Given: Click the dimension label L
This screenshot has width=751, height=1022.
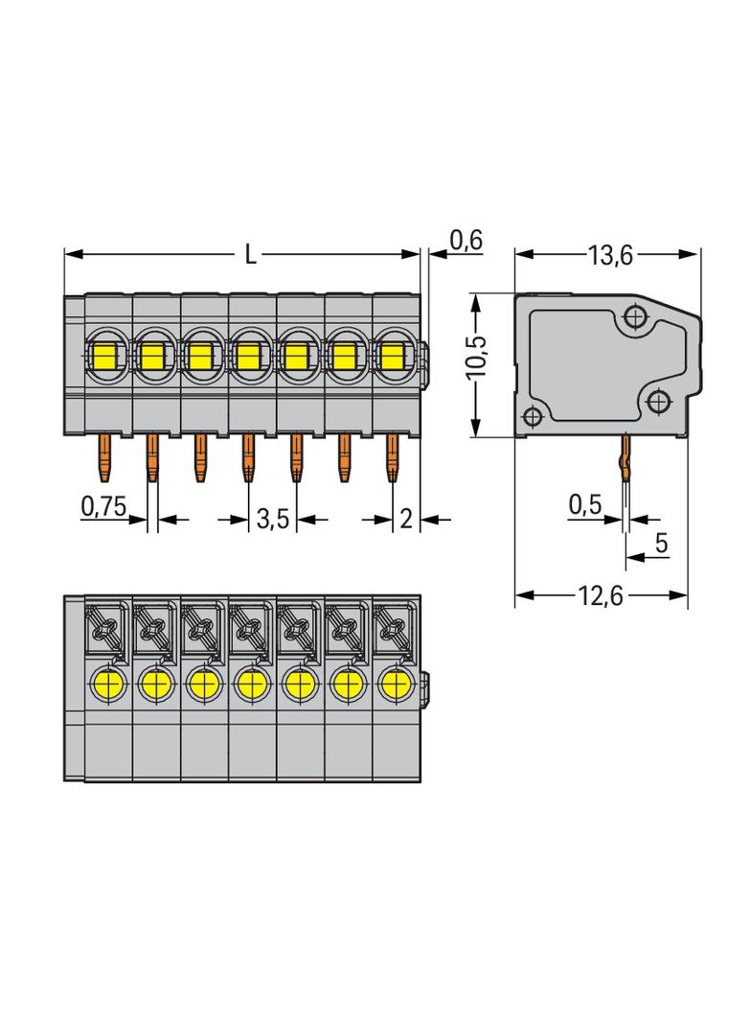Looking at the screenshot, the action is click(x=250, y=254).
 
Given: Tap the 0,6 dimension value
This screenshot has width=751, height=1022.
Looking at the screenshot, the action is click(x=467, y=241).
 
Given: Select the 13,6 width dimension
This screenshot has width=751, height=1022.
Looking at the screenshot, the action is click(x=610, y=255).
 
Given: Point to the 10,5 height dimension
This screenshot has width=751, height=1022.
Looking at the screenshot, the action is click(x=478, y=357).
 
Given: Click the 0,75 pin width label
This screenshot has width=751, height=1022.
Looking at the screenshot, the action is click(x=103, y=506).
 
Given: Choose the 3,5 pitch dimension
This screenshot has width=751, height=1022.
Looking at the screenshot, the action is click(x=272, y=520).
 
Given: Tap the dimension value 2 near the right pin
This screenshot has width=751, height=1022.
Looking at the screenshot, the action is click(x=406, y=520).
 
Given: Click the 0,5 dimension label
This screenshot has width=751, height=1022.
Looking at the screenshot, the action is click(x=585, y=504).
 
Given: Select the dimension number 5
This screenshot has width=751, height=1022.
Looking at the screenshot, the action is click(x=661, y=543).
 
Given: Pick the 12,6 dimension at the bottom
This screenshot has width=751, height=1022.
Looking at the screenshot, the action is click(x=601, y=595).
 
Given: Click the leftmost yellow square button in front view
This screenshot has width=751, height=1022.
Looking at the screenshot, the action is click(x=103, y=356).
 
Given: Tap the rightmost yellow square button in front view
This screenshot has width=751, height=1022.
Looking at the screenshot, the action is click(x=392, y=356).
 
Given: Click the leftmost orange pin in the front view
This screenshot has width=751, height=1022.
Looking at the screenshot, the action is click(x=104, y=459).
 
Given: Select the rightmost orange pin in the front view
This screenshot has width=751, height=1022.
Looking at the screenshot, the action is click(x=392, y=459).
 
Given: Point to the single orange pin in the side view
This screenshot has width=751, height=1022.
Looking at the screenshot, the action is click(x=626, y=459).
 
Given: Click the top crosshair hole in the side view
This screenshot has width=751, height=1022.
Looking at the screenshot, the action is click(x=634, y=317).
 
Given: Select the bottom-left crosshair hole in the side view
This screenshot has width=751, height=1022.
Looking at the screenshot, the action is click(x=533, y=416).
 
